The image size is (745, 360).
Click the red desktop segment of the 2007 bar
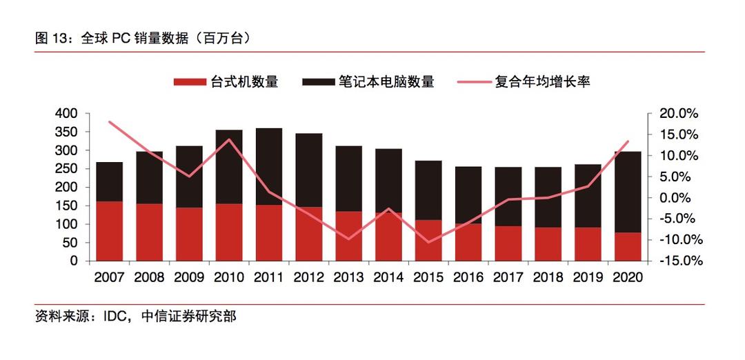coord(109,231)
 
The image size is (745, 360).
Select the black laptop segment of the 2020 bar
coord(627,192)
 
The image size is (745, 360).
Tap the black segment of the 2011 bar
coord(268,166)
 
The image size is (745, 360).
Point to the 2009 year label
coord(188,277)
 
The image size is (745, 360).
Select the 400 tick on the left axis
coord(67,113)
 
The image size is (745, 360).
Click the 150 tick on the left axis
coord(67,206)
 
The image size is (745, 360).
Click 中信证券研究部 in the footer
coord(188,317)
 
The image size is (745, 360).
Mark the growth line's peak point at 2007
coord(109,121)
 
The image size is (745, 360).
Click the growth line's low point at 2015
coord(428,242)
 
